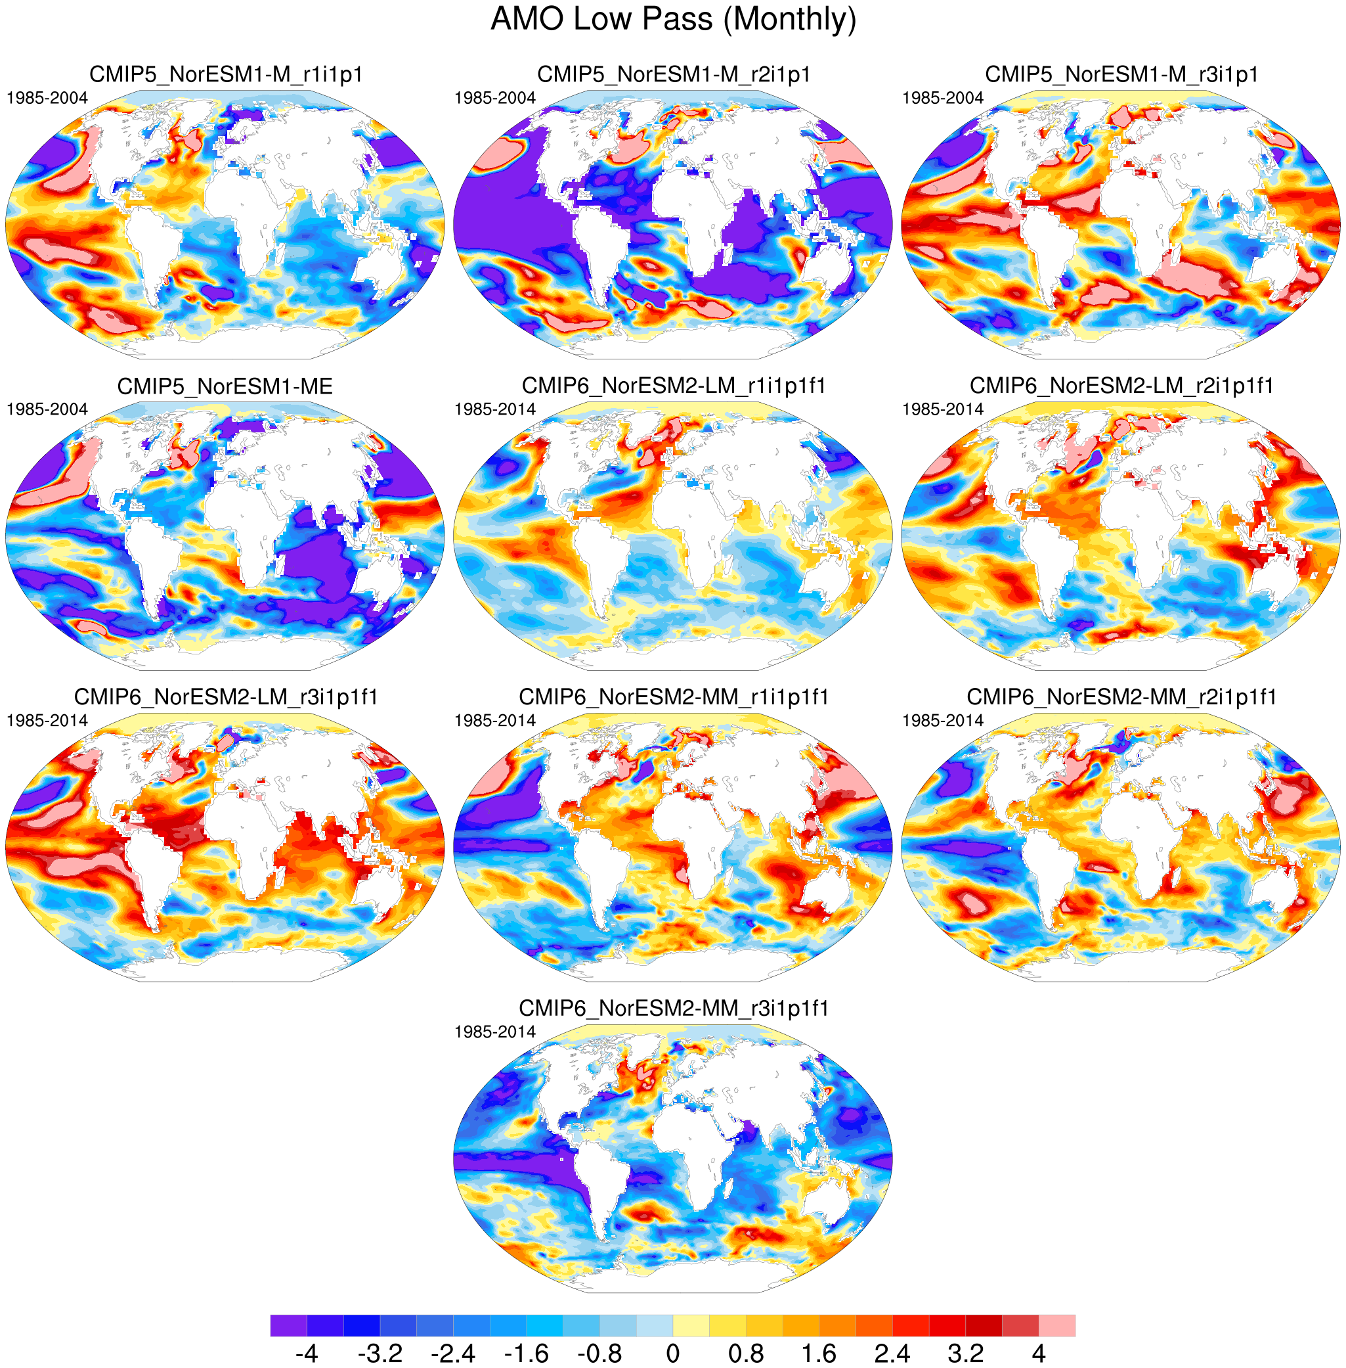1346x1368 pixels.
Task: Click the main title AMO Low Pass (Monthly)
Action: tap(673, 19)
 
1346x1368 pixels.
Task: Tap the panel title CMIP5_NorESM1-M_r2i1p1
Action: tap(674, 74)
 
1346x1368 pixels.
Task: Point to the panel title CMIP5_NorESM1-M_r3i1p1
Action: tap(1121, 74)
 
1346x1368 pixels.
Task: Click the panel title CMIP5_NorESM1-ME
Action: tap(225, 386)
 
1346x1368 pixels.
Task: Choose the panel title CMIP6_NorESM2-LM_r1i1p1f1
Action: tap(674, 386)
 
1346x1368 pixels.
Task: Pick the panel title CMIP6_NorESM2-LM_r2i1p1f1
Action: tap(1121, 386)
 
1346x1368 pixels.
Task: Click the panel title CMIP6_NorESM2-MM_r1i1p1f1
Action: tap(674, 696)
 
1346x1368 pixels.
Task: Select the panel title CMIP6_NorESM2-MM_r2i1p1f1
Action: tap(1121, 696)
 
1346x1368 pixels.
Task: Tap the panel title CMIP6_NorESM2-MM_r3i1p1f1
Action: tap(674, 1008)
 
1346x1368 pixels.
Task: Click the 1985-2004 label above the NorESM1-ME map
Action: tap(47, 409)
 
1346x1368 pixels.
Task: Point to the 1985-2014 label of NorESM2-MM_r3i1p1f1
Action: tap(495, 1032)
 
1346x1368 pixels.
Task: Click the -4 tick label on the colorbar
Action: tap(307, 1353)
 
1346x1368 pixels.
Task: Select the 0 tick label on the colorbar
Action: tap(673, 1353)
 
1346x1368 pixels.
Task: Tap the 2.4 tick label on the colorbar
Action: tap(892, 1353)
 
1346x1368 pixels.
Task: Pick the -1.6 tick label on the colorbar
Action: tap(527, 1353)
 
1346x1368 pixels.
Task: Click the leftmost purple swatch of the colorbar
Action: tap(288, 1325)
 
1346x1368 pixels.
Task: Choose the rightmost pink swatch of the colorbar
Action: tap(1057, 1325)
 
